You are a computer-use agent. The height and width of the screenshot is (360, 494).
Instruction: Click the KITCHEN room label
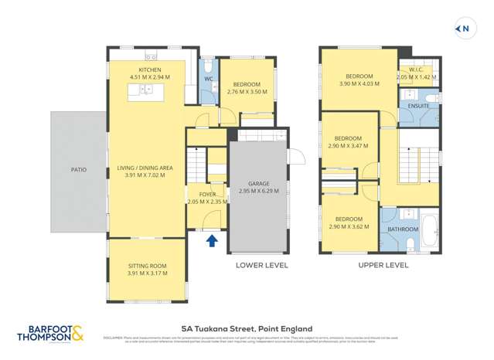tap(150, 70)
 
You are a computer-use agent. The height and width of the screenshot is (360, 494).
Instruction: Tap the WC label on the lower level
tap(209, 78)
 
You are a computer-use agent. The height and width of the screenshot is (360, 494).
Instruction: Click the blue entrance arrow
tap(213, 241)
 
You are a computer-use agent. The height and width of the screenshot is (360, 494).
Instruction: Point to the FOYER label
tap(207, 194)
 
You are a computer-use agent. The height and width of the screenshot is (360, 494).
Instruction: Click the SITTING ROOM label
tap(147, 266)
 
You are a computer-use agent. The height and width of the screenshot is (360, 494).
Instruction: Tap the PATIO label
tap(79, 169)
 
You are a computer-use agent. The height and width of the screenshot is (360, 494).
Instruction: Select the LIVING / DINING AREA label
tap(145, 168)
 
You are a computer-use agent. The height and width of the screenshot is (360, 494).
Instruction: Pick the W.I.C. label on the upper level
tap(418, 70)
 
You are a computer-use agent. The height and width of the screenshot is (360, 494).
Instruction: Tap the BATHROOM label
tap(403, 229)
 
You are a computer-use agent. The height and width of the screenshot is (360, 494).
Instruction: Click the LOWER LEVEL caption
tap(261, 266)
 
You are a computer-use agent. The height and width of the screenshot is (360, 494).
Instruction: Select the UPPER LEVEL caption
tap(383, 266)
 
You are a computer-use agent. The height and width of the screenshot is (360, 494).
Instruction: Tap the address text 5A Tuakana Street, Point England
tap(247, 327)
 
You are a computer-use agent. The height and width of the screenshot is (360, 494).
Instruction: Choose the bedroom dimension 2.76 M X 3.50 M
tap(247, 92)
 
